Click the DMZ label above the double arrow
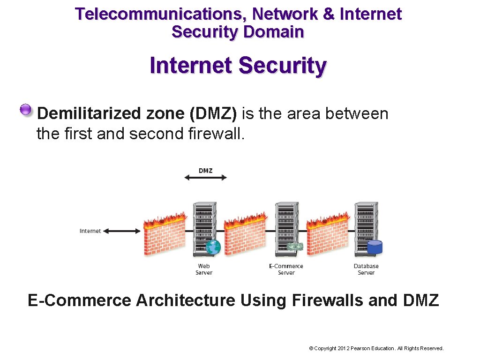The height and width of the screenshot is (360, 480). click(205, 170)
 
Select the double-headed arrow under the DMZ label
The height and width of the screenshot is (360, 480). click(205, 178)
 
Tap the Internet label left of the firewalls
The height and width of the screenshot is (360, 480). click(90, 231)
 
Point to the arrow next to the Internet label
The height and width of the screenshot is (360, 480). click(122, 231)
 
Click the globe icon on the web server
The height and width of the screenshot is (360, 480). click(213, 247)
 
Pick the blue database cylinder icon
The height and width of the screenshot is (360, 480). click(375, 247)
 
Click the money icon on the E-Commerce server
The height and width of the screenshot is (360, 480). click(295, 246)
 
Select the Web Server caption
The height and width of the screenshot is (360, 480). click(204, 269)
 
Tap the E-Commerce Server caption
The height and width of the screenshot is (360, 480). click(286, 269)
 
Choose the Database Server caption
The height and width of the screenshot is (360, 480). click(366, 269)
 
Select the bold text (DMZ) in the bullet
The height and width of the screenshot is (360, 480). click(213, 113)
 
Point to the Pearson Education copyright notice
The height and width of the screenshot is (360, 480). click(376, 348)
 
